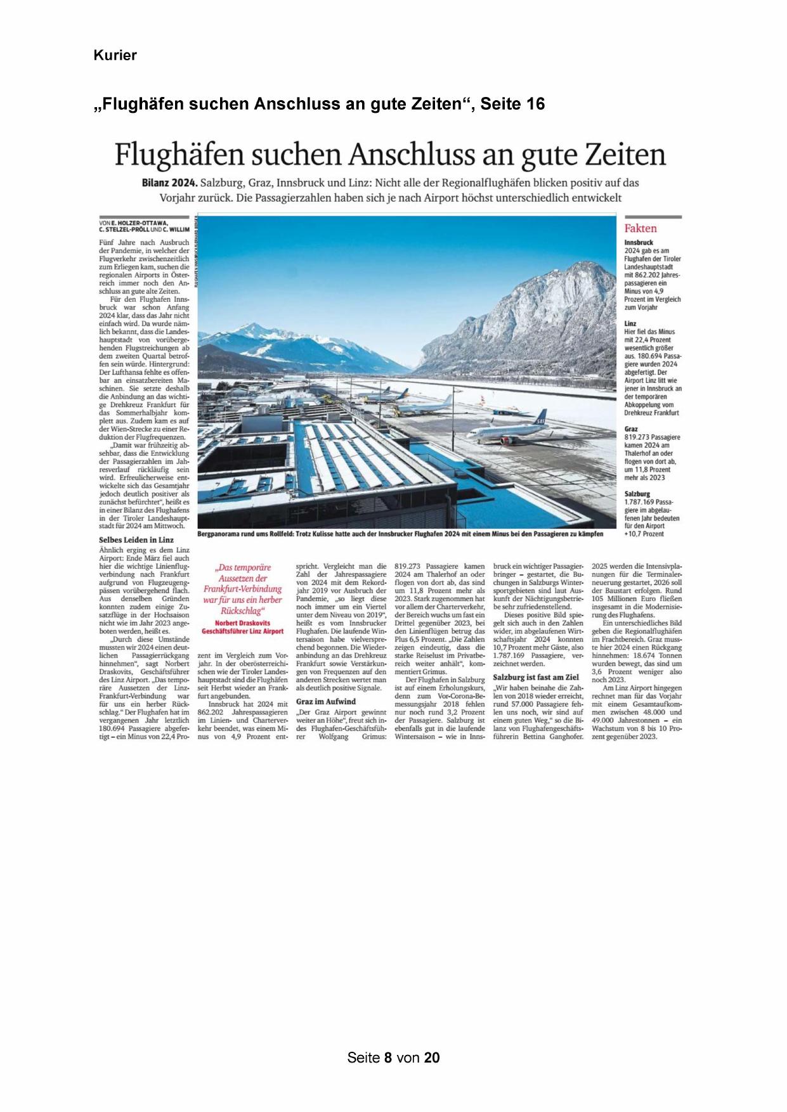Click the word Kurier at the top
point(115,55)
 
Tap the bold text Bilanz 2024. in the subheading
point(169,183)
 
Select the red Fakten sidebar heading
point(641,228)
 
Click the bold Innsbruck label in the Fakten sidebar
point(639,243)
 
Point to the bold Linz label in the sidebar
point(630,323)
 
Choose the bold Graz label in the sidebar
point(631,429)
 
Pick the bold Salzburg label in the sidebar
point(637,493)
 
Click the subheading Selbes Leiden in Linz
point(136,540)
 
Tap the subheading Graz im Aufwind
point(326,701)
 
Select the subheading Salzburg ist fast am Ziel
point(536,677)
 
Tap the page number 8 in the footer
point(387,1057)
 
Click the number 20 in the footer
point(432,1057)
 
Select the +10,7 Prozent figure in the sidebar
point(644,534)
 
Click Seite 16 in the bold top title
point(512,103)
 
